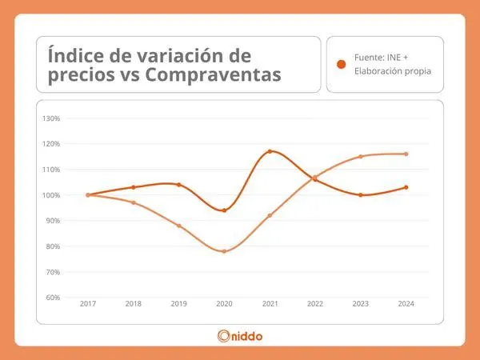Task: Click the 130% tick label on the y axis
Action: coord(51,118)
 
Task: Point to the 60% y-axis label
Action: coord(53,298)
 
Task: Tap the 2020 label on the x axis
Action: coord(224,304)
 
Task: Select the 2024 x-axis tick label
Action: coord(406,304)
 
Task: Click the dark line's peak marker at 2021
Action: coord(270,151)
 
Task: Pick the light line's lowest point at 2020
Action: coord(224,252)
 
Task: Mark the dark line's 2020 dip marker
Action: coord(224,210)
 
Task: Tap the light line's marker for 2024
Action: coord(406,154)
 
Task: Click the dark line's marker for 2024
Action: coord(406,187)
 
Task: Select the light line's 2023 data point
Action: coord(361,157)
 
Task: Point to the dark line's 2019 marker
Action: coord(179,185)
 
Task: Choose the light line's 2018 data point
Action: coord(134,202)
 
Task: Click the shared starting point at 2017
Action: coord(88,195)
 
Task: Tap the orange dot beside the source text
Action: coord(341,64)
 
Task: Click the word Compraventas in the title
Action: coord(213,74)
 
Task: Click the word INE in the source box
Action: coord(394,58)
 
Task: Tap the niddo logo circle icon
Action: coord(224,336)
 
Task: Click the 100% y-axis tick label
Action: coord(51,195)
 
